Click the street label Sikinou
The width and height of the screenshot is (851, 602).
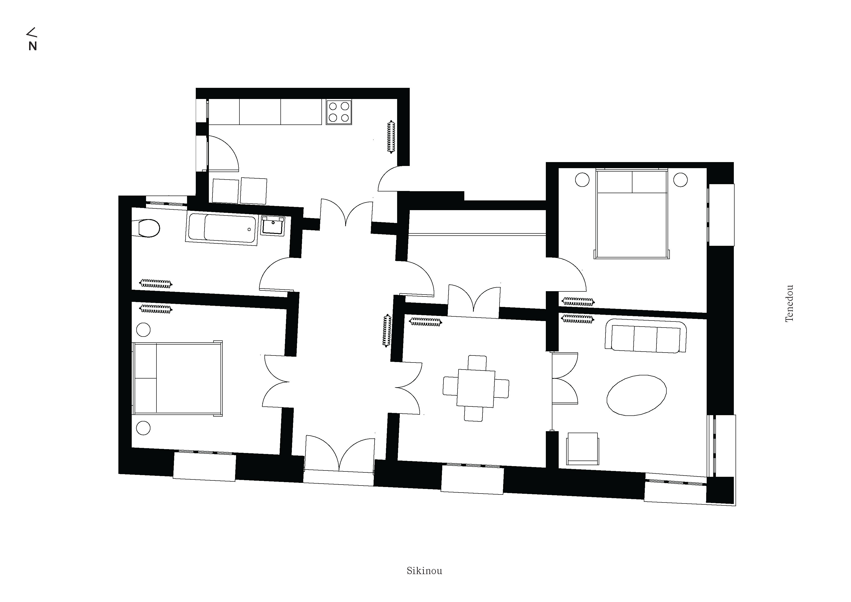coord(424,571)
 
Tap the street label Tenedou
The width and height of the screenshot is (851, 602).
coord(789,303)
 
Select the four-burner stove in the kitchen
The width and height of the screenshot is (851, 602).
coord(339,112)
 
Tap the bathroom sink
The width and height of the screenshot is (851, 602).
coord(273,226)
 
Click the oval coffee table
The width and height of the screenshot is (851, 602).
coord(636,395)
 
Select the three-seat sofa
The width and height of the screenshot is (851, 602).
coord(645,336)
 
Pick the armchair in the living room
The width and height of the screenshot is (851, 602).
coord(583,449)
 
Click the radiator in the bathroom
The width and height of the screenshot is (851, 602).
coord(156,284)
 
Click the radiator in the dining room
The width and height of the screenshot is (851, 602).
coord(425,322)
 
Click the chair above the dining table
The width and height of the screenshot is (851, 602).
coord(477,362)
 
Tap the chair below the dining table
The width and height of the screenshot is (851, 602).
coord(474,414)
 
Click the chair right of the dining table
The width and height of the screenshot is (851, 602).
coord(501,388)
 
